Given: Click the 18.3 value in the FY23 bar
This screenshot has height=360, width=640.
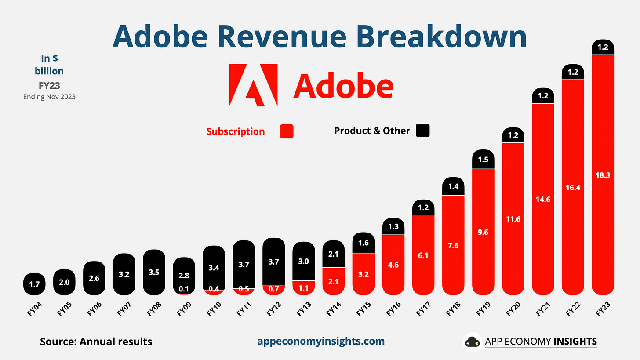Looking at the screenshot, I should point(603,175).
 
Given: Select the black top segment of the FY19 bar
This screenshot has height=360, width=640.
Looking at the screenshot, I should point(483,159).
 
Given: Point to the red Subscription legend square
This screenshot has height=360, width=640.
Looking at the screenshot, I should point(287,131).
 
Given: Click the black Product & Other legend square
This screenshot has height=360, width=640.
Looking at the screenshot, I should point(423,131).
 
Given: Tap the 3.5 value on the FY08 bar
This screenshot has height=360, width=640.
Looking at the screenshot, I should point(154,272).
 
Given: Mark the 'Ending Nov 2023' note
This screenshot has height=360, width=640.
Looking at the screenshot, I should point(49,97).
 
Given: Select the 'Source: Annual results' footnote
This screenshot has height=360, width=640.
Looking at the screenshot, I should point(96,342).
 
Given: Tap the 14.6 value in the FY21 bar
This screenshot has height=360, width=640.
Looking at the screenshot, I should point(543,199).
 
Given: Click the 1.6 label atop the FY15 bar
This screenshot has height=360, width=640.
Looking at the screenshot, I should point(364,243).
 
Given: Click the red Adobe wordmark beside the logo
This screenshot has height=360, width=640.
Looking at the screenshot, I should point(343,86).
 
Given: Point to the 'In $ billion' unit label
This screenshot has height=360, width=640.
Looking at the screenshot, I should point(49,65).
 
